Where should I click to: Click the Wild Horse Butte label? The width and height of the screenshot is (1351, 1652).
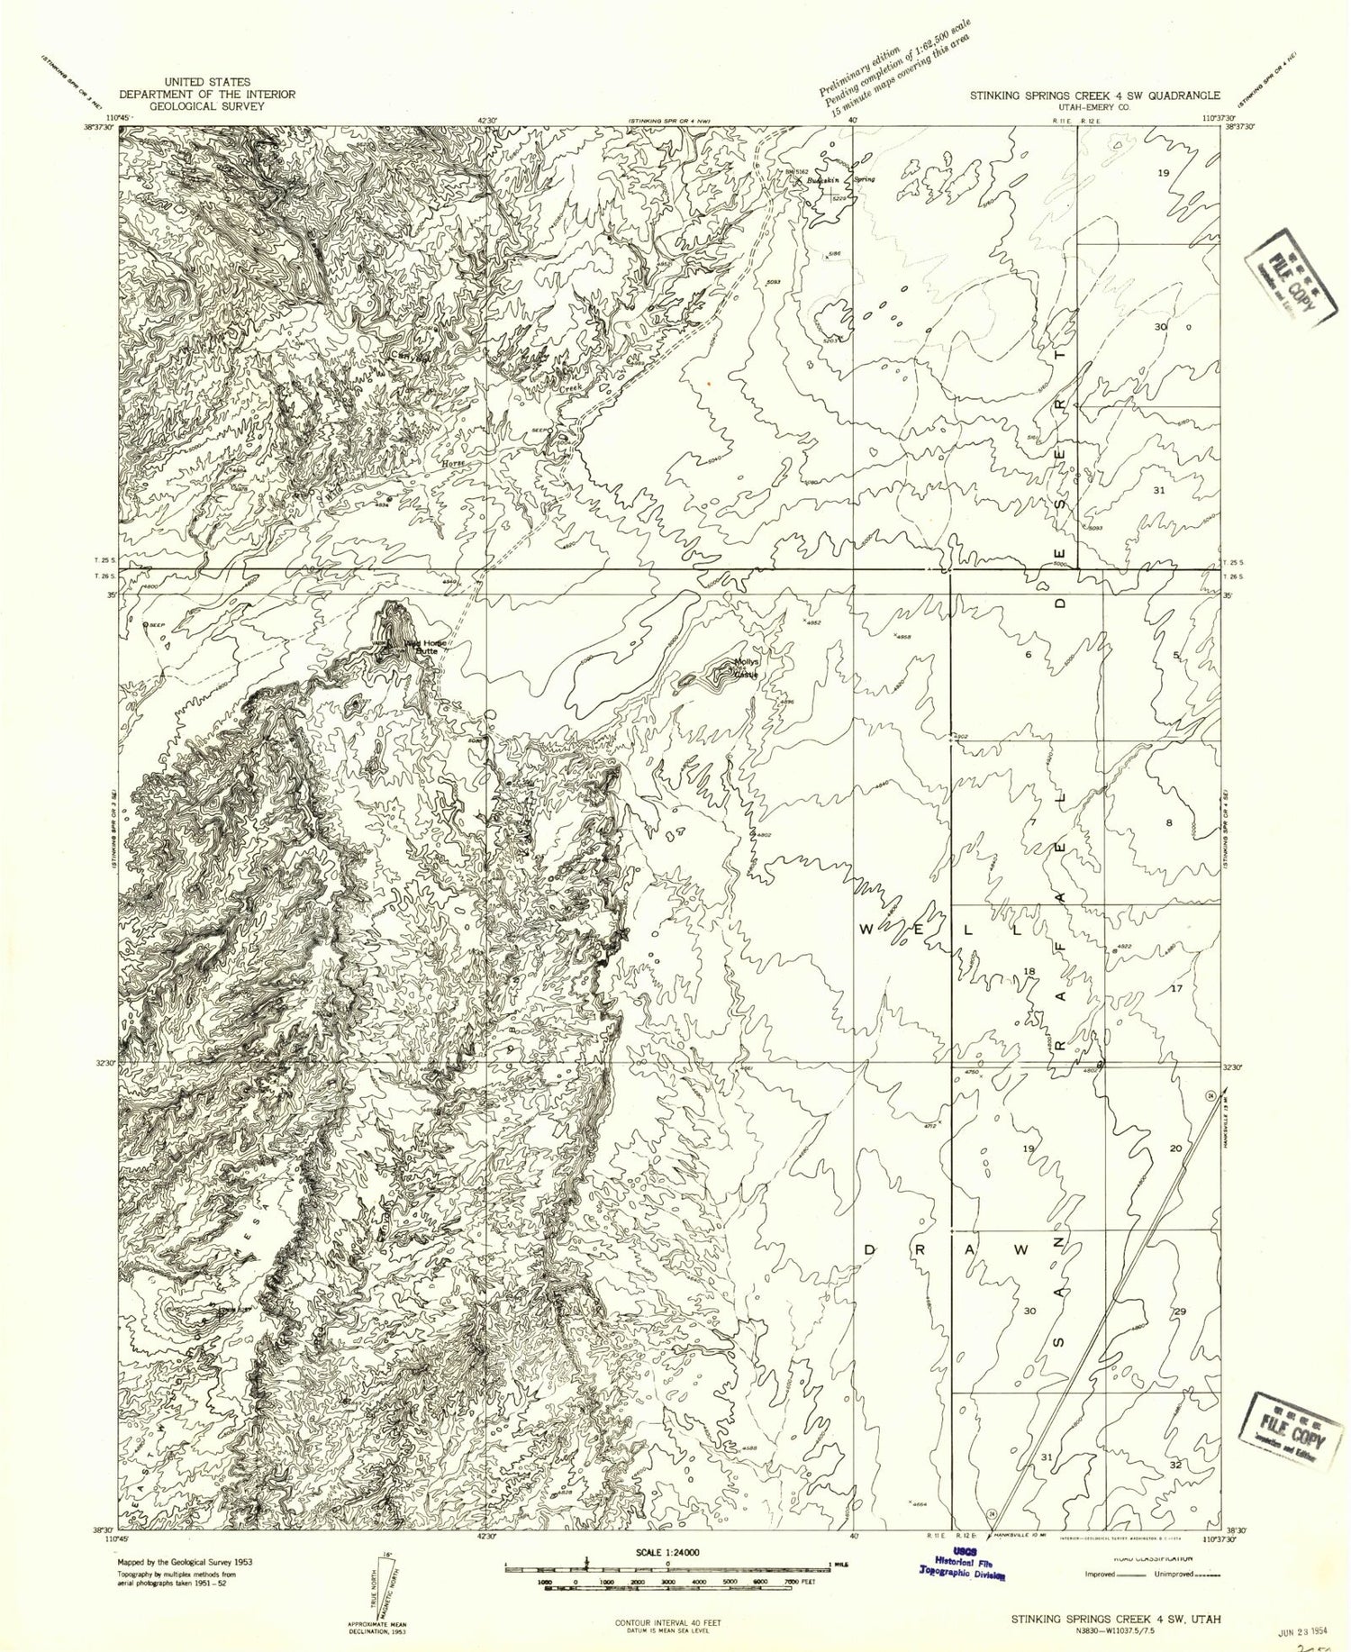[x=422, y=646]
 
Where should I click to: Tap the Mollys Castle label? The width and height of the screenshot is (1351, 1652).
[x=746, y=669]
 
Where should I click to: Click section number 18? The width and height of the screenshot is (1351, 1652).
[x=1030, y=971]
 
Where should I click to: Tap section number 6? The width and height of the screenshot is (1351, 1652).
[x=1028, y=655]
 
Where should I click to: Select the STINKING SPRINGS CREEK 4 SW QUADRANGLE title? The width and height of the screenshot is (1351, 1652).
[x=1094, y=94]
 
